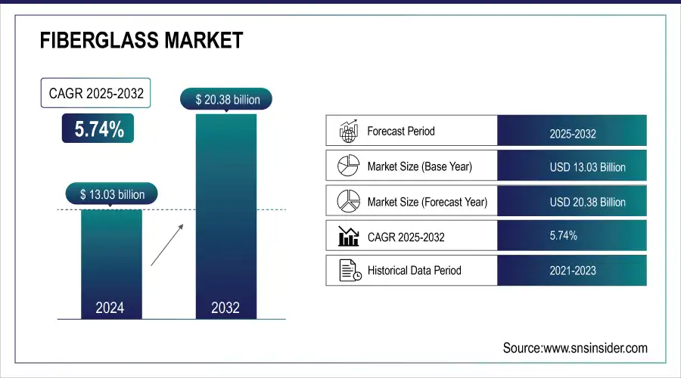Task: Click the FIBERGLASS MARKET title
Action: (141, 40)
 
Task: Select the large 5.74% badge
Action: (98, 129)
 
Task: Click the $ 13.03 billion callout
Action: (112, 194)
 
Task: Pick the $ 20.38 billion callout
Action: (225, 99)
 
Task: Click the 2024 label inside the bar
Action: (110, 308)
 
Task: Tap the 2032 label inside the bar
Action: (225, 308)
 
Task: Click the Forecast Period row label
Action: (401, 131)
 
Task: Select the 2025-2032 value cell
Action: (572, 134)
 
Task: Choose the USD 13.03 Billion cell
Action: (587, 167)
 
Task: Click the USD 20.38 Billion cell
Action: (587, 202)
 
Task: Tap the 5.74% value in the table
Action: (563, 236)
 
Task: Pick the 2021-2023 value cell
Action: (572, 271)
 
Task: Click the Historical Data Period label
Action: (414, 270)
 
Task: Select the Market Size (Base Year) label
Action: (419, 166)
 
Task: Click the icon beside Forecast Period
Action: (347, 131)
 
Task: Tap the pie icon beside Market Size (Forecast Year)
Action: (347, 201)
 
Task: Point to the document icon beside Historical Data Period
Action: (347, 270)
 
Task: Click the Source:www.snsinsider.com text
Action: (575, 348)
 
